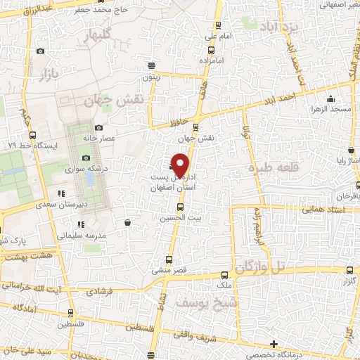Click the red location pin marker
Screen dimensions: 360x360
(x=181, y=165)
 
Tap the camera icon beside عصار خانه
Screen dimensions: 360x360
(x=99, y=127)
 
